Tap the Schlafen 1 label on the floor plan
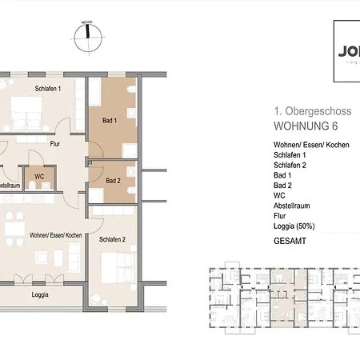point(48,88)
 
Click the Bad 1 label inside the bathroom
point(110,121)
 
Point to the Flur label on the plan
point(56,146)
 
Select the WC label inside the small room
point(38,176)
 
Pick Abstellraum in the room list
point(291,204)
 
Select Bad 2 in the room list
point(282,184)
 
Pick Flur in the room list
point(279,214)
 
